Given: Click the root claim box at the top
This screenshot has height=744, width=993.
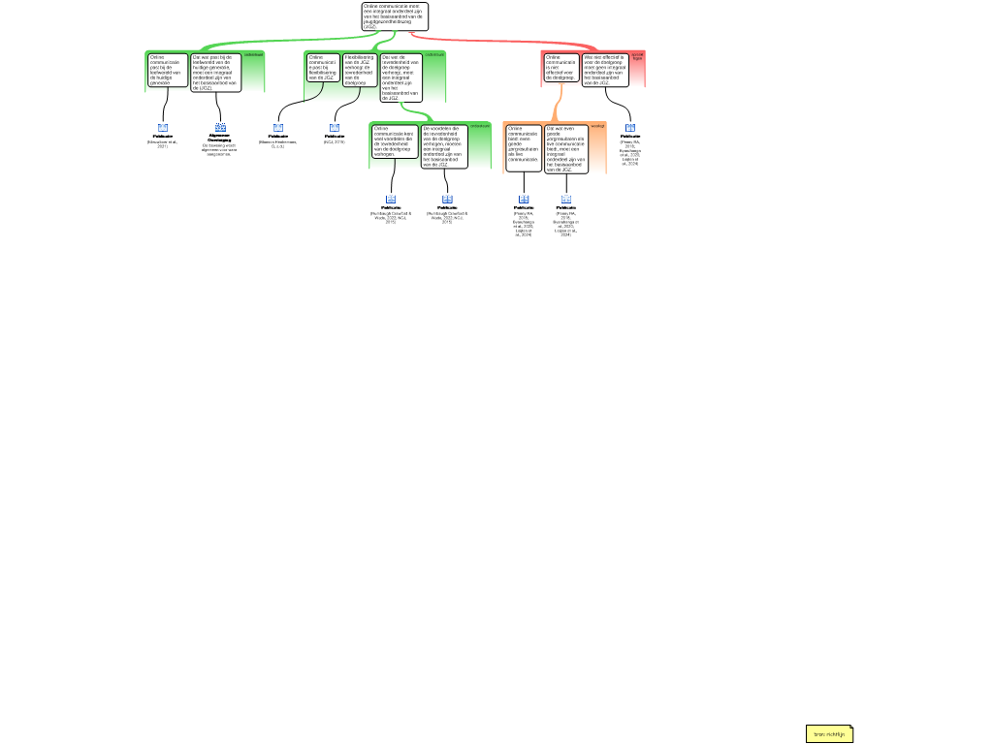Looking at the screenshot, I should (394, 16).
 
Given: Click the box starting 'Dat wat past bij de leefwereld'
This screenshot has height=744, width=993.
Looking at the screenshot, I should (215, 72).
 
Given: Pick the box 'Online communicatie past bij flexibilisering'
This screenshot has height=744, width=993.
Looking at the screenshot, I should (323, 68).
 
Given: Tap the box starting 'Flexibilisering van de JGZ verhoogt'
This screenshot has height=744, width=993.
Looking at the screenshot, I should (359, 70).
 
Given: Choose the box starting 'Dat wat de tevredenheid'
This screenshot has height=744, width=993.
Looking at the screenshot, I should (400, 77).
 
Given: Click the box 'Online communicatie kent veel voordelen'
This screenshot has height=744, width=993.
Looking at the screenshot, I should (395, 141).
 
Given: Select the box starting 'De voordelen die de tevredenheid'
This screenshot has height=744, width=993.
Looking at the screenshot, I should (443, 146).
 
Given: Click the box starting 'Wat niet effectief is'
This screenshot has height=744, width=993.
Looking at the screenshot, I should (605, 70).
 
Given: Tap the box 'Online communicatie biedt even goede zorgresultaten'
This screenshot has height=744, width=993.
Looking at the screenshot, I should (524, 147).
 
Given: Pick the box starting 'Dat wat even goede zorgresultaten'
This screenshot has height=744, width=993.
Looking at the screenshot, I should (565, 148).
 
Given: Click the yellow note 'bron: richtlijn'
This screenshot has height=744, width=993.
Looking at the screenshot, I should (829, 734).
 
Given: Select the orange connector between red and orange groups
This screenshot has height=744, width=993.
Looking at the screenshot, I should (558, 105).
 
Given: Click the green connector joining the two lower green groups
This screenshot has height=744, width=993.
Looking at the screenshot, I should (417, 112).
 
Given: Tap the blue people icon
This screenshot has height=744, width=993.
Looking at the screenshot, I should (221, 128).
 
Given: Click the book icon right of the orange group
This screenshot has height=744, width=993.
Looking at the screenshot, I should (630, 128).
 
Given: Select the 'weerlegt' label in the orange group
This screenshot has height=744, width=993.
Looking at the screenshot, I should (596, 126).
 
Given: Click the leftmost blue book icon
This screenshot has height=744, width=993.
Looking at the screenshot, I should (163, 128).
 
